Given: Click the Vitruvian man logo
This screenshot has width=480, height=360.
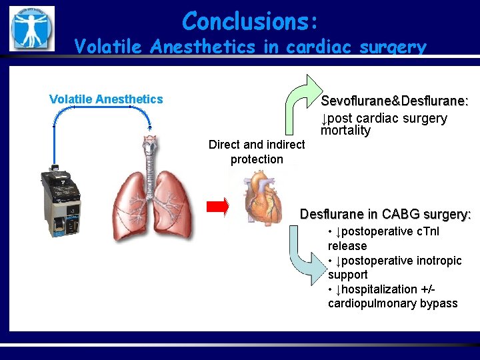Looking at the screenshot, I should tap(31, 28).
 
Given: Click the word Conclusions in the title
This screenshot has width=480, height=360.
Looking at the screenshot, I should tap(244, 21).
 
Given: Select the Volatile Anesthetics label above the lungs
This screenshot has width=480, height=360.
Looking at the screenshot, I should tap(106, 99).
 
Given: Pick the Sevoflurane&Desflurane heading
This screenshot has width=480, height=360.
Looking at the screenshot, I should tap(395, 101).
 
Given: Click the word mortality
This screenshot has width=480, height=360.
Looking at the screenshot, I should tap(345, 131).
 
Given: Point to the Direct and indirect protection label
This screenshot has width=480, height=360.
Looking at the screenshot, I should tap(257, 152).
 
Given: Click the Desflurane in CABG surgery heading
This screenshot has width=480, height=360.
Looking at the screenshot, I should tap(385, 215).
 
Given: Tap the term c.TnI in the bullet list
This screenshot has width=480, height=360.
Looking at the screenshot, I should tap(427, 231).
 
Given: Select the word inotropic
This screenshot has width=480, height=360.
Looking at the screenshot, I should tap(437, 261).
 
